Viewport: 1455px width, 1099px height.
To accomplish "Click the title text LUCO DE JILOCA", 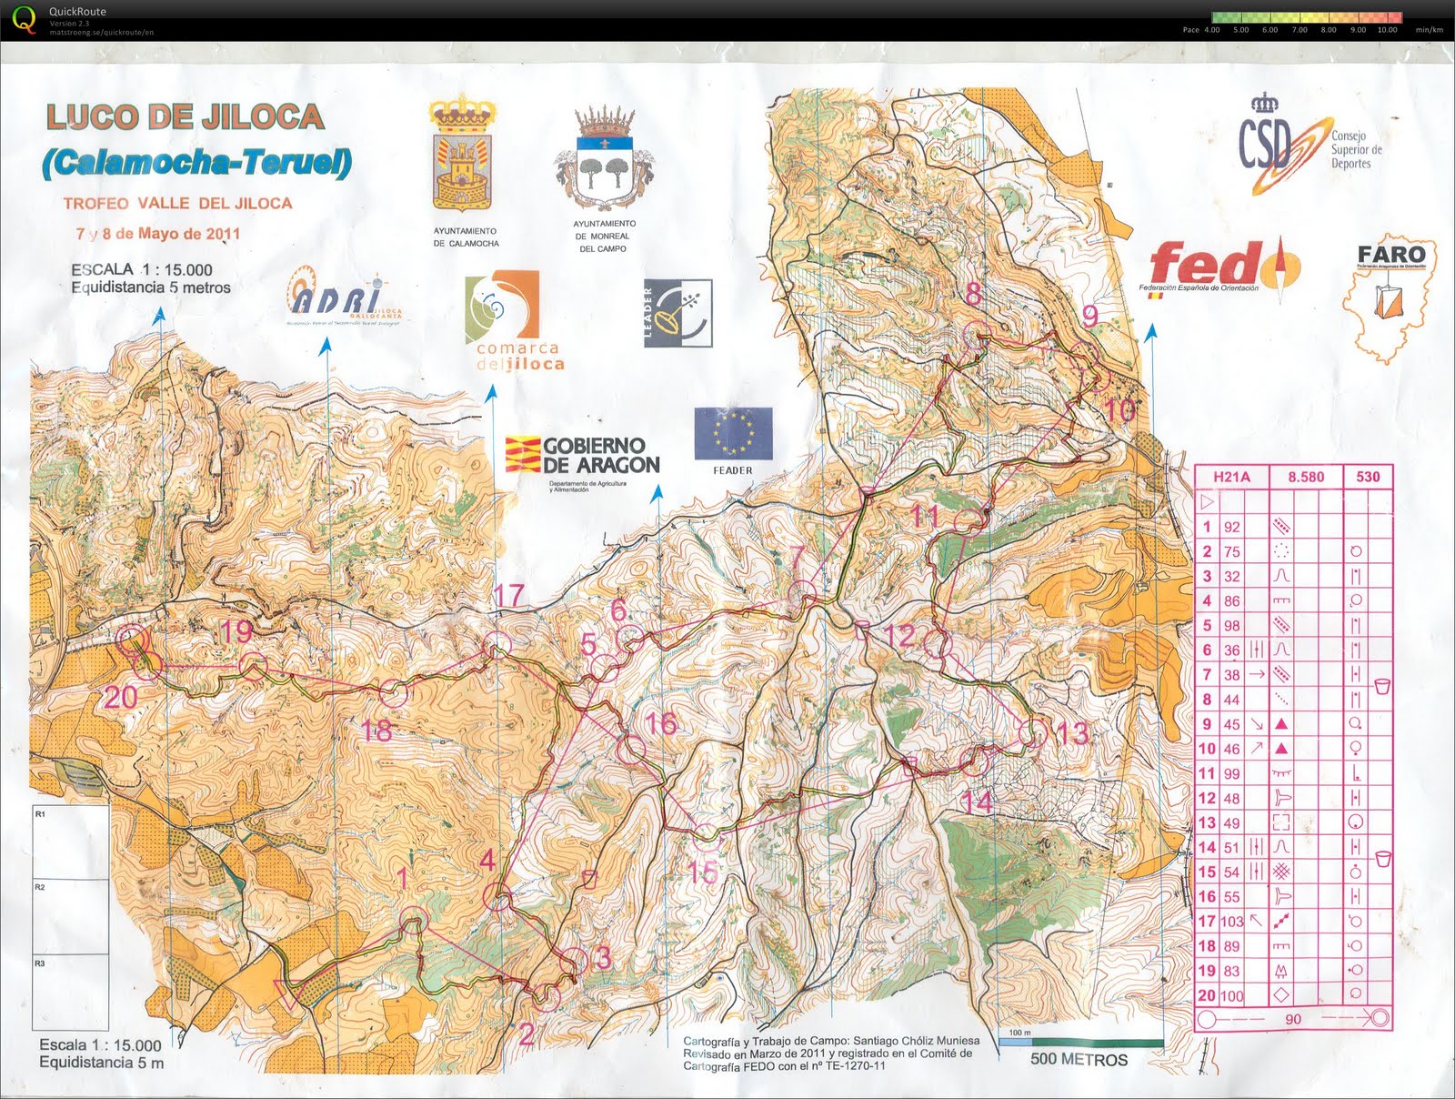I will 185,117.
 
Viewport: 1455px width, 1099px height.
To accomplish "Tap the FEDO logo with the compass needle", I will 1224,266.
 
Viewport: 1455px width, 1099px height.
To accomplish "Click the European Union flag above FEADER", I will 733,433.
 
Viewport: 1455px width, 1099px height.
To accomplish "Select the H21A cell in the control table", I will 1231,477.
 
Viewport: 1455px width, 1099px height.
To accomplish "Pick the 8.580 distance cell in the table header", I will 1306,477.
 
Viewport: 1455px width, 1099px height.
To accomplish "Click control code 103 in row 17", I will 1232,922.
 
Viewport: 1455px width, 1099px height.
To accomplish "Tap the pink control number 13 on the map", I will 1072,733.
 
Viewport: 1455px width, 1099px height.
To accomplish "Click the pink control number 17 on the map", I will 508,596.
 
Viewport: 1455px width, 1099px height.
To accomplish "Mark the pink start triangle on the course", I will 287,994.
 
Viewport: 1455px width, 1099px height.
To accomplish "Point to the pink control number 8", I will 974,294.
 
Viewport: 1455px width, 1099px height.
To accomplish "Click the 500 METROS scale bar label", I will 1079,1059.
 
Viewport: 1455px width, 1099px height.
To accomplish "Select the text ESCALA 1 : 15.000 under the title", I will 142,269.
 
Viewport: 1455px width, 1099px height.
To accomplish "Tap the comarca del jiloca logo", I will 514,323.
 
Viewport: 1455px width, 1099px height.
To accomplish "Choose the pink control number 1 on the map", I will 403,878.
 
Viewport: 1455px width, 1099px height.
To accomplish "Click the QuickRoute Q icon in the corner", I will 25,19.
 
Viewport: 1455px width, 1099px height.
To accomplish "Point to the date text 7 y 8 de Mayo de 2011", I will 158,234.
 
